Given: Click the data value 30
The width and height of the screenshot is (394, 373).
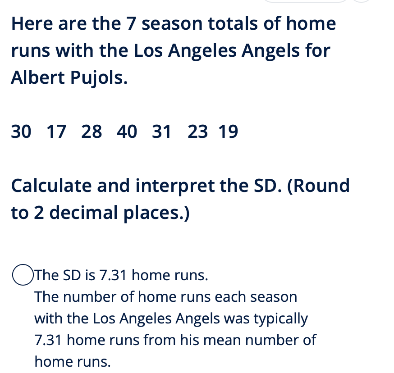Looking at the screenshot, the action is [21, 132].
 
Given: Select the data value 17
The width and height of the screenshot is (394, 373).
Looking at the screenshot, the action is [56, 132].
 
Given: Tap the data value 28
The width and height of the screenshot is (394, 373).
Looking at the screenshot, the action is [92, 132].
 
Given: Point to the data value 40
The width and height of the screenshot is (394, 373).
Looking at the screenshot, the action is [127, 132].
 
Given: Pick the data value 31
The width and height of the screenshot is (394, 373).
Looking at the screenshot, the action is [161, 132].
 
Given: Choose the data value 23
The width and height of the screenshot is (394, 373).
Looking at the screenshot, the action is [198, 132].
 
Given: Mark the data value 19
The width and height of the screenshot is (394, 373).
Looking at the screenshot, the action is [228, 132].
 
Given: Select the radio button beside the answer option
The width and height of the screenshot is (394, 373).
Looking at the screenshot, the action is [23, 275].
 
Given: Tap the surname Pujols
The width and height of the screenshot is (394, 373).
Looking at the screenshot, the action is [99, 78].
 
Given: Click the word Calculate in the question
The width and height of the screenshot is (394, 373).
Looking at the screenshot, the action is [51, 186].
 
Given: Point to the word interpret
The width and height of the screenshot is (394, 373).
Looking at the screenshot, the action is [175, 186].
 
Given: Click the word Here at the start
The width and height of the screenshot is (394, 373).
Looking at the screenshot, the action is [32, 23].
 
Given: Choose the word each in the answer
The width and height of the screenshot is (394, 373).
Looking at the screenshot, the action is [230, 297].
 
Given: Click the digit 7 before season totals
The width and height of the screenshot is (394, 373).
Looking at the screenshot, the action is [131, 23].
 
